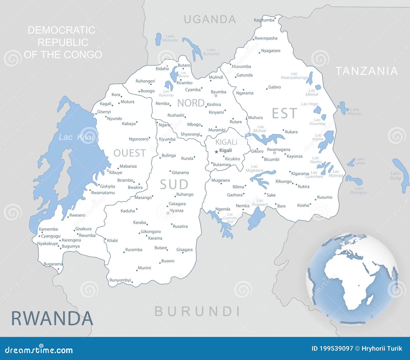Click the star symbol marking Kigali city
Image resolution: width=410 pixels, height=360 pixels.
click(x=216, y=152)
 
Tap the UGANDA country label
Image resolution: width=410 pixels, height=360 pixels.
click(x=210, y=19)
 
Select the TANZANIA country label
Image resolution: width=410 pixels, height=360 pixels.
click(x=366, y=71)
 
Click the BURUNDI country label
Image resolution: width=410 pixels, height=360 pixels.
click(x=197, y=311)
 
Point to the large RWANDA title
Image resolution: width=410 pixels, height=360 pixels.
click(x=52, y=318)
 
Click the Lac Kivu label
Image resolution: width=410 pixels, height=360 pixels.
click(x=76, y=137)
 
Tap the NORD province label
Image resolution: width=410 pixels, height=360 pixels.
click(x=191, y=103)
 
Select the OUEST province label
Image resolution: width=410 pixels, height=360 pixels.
click(x=130, y=153)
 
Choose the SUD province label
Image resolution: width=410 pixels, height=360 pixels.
click(x=174, y=184)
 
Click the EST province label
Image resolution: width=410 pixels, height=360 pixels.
click(x=284, y=113)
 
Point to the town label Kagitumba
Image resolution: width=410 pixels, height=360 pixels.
click(x=264, y=20)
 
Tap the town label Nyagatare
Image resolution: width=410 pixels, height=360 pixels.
click(x=271, y=51)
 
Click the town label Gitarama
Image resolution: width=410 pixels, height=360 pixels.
click(x=180, y=173)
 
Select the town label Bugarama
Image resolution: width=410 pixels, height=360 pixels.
click(x=53, y=264)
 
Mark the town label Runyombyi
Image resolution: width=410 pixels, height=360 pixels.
click(x=120, y=280)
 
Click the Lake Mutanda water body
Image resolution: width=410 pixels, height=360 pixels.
click(x=159, y=39)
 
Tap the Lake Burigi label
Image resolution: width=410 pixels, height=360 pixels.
click(x=395, y=176)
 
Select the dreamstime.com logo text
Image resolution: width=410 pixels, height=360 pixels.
click(x=39, y=350)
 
